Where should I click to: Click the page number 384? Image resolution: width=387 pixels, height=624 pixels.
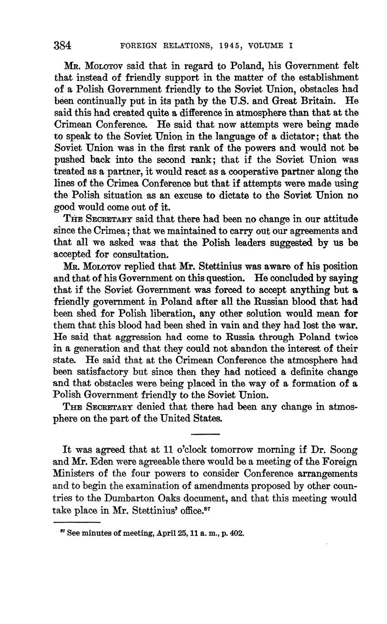pos(63,45)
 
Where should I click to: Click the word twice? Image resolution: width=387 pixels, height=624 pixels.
pos(345,337)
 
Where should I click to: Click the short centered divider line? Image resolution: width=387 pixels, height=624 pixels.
pos(205,435)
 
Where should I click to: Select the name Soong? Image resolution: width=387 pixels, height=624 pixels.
pos(343,450)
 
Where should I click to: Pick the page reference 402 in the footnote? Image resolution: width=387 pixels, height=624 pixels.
pos(237,533)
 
